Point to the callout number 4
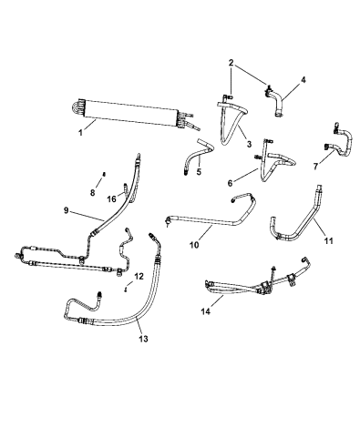[303, 79]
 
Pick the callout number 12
[139, 276]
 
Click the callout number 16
[110, 198]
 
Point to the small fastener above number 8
[105, 174]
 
